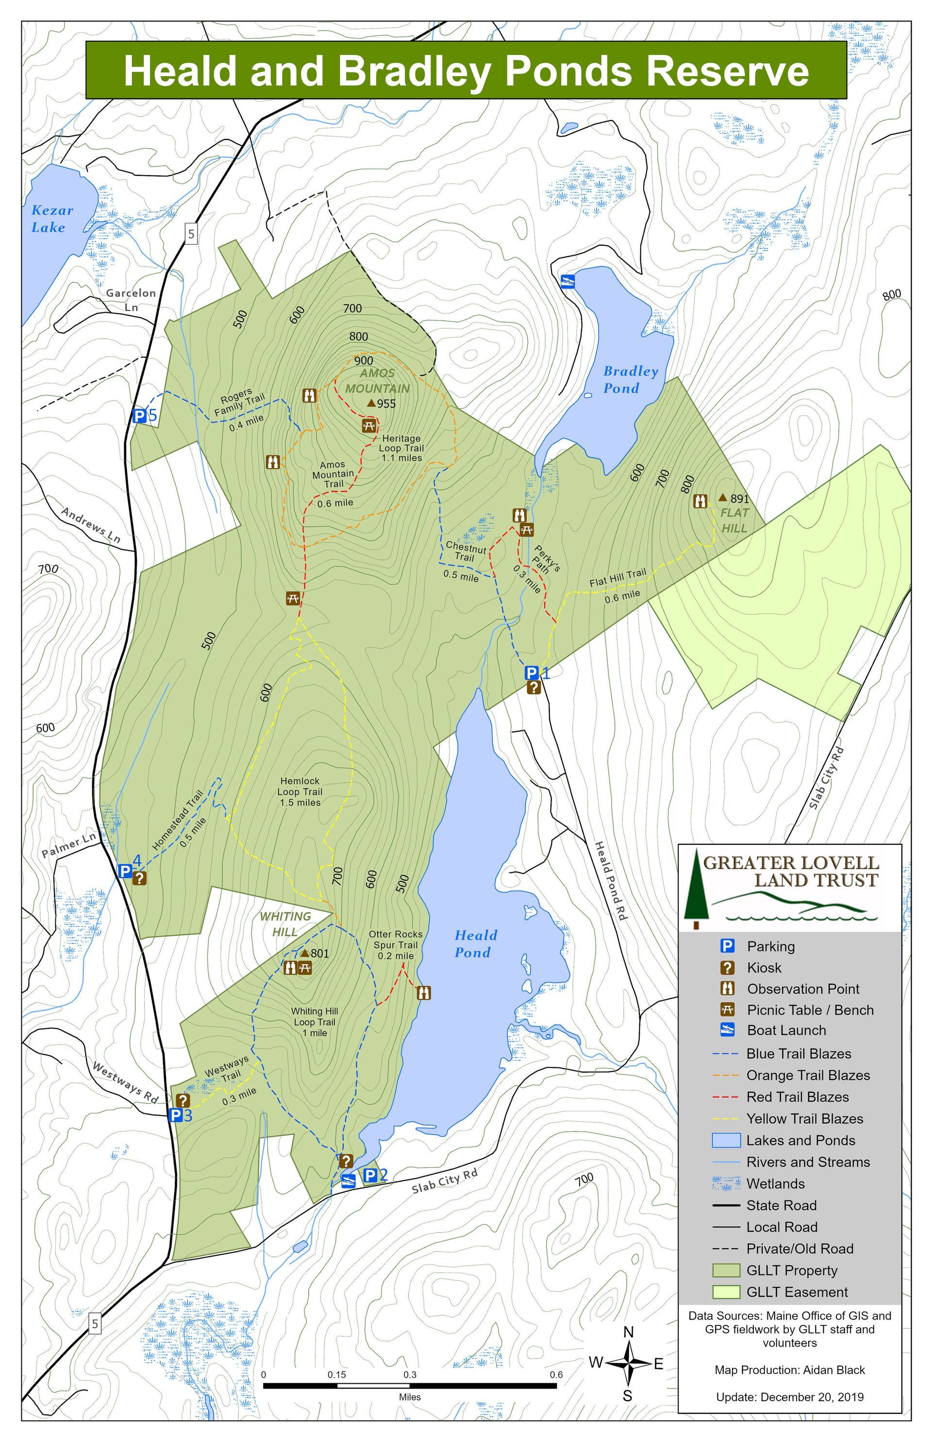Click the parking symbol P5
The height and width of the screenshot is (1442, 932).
pyautogui.click(x=139, y=415)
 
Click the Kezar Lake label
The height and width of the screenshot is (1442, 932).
pyautogui.click(x=51, y=219)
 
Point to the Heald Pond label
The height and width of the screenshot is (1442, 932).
pyautogui.click(x=475, y=944)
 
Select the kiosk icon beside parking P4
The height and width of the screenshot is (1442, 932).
pyautogui.click(x=140, y=877)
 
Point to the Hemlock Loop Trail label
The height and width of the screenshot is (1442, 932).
pyautogui.click(x=300, y=791)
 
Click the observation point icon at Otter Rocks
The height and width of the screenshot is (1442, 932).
pyautogui.click(x=424, y=993)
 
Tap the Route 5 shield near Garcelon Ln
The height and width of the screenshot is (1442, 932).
pyautogui.click(x=191, y=234)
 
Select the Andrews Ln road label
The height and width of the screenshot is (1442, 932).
pyautogui.click(x=91, y=524)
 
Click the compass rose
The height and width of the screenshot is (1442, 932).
pyautogui.click(x=629, y=1363)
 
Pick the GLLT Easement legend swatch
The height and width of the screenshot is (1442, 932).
pyautogui.click(x=726, y=1292)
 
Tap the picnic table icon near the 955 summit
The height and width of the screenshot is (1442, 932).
pyautogui.click(x=370, y=425)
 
